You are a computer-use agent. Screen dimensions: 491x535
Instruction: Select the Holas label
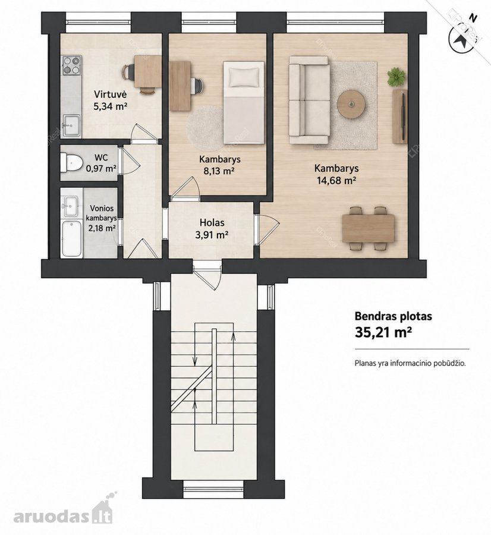[x=212, y=223]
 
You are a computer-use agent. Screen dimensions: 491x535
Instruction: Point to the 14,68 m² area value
[x=337, y=180]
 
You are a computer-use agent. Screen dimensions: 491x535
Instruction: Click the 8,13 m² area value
[x=219, y=171]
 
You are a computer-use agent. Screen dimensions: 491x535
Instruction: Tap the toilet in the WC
[x=71, y=163]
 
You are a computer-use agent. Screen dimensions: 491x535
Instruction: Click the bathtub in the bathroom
[x=72, y=238]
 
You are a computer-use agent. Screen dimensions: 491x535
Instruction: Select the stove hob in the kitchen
[x=71, y=65]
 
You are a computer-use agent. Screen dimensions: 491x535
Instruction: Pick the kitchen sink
[x=71, y=125]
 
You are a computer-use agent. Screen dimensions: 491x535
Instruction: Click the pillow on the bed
[x=244, y=77]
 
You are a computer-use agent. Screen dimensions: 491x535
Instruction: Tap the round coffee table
[x=351, y=103]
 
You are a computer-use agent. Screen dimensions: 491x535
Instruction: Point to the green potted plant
[x=397, y=77]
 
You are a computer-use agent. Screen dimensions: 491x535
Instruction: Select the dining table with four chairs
[x=368, y=228]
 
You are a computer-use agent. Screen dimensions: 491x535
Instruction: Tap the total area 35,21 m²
[x=382, y=332]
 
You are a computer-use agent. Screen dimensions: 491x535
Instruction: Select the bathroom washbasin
[x=71, y=206]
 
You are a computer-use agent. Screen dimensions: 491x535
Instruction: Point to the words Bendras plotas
[x=393, y=316]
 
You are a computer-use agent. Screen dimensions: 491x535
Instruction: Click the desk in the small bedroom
[x=180, y=86]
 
